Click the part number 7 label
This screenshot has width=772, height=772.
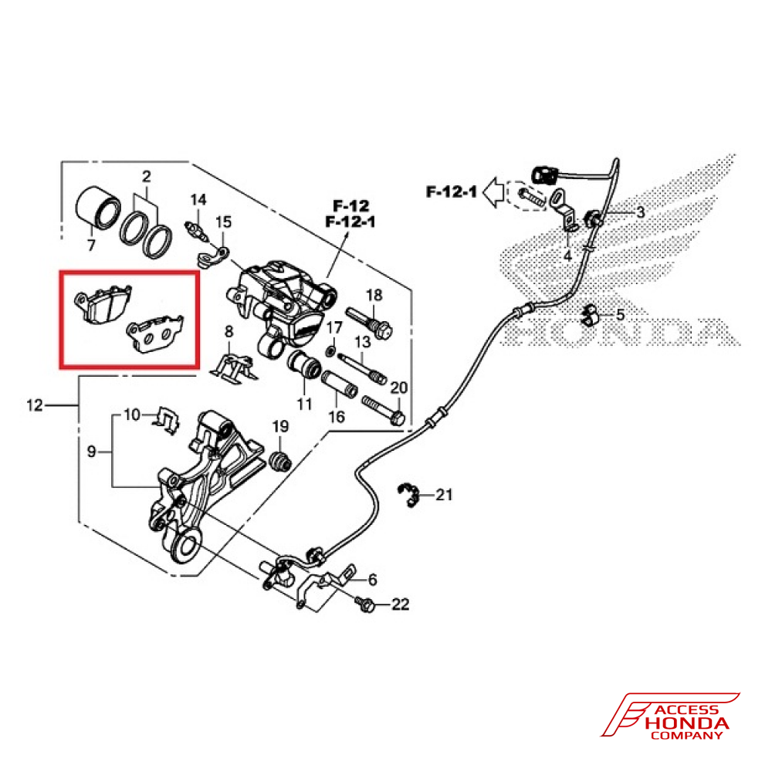[x=91, y=246]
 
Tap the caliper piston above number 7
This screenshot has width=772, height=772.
[x=97, y=206]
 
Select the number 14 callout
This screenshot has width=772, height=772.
[x=198, y=201]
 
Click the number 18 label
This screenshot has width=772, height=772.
[x=374, y=295]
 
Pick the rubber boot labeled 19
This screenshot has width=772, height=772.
[x=281, y=460]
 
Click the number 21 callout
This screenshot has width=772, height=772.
[x=445, y=495]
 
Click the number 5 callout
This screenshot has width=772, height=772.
[x=620, y=315]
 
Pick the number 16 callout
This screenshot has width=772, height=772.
[x=336, y=418]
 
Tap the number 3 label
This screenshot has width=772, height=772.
[x=640, y=212]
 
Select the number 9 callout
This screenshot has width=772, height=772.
[x=91, y=452]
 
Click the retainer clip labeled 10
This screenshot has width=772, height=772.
[x=166, y=418]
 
